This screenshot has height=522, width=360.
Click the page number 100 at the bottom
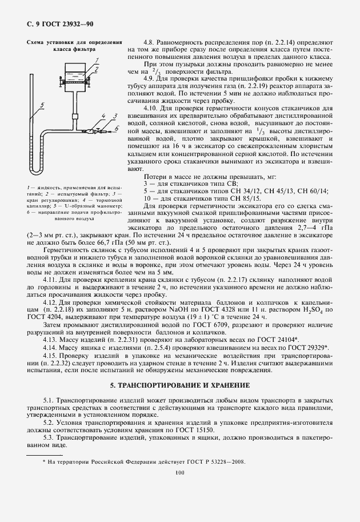[180, 472]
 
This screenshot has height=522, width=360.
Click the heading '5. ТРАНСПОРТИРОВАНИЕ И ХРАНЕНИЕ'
[180, 385]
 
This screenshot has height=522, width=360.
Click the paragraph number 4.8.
[149, 42]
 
